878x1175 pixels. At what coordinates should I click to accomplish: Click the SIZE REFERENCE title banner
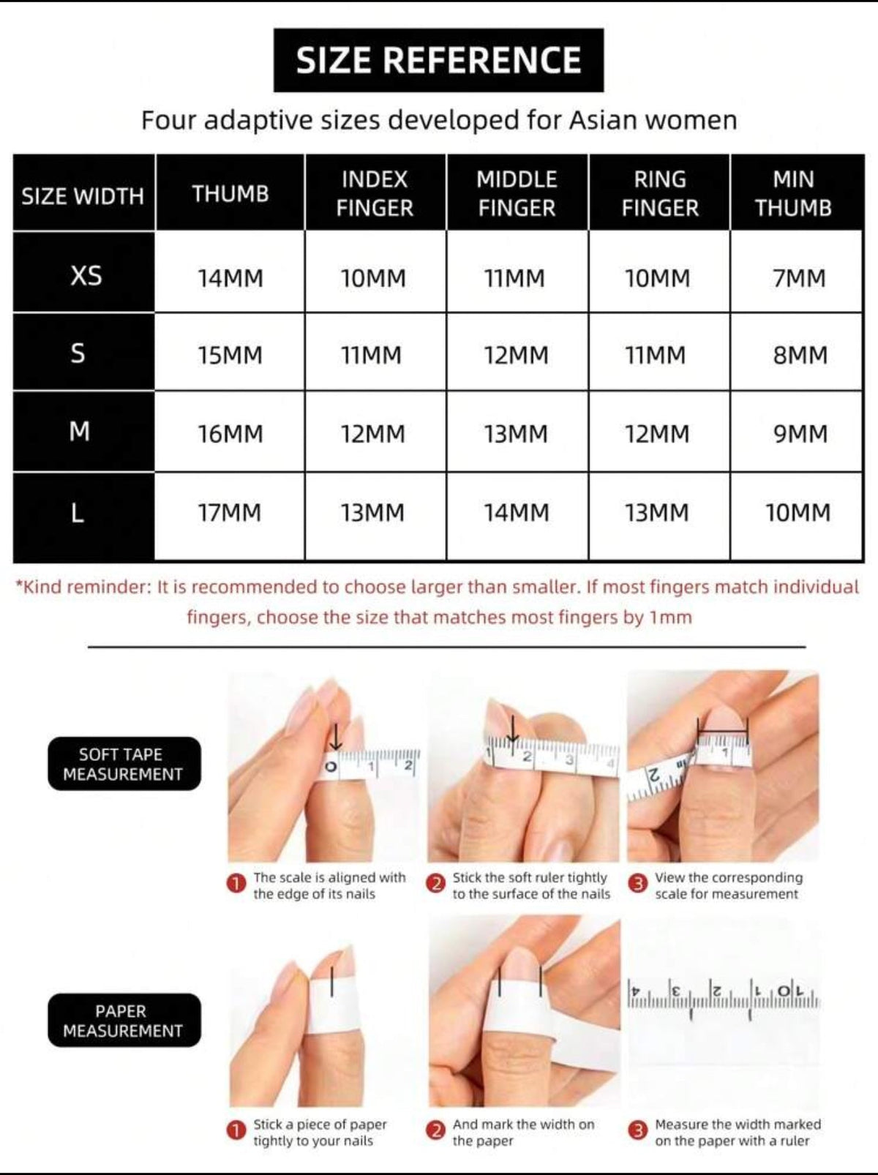click(438, 60)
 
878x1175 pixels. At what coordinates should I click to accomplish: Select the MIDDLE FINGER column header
click(517, 193)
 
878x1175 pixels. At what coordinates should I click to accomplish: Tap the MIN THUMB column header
click(793, 193)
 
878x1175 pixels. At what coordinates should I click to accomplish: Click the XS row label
click(86, 276)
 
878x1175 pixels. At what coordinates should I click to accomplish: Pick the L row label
click(78, 513)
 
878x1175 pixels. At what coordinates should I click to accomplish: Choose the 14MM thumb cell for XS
click(230, 279)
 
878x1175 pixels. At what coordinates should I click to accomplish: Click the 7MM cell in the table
click(799, 279)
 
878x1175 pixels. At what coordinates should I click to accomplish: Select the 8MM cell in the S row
click(800, 356)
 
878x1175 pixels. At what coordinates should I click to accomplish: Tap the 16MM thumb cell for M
click(230, 434)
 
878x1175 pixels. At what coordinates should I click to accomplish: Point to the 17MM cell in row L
click(229, 513)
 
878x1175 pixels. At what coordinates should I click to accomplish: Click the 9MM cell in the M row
click(800, 434)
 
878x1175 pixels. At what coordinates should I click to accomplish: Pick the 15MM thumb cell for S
click(230, 356)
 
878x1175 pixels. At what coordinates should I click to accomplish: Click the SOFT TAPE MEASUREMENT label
click(123, 764)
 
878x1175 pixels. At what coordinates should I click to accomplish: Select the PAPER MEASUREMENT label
click(123, 1021)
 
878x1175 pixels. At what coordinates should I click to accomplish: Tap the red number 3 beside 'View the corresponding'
click(638, 884)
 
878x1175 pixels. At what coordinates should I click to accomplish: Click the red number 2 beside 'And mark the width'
click(436, 1130)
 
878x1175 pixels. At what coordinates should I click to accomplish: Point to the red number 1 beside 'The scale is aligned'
click(236, 884)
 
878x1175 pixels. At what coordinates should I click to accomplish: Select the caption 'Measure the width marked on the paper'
click(738, 1132)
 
